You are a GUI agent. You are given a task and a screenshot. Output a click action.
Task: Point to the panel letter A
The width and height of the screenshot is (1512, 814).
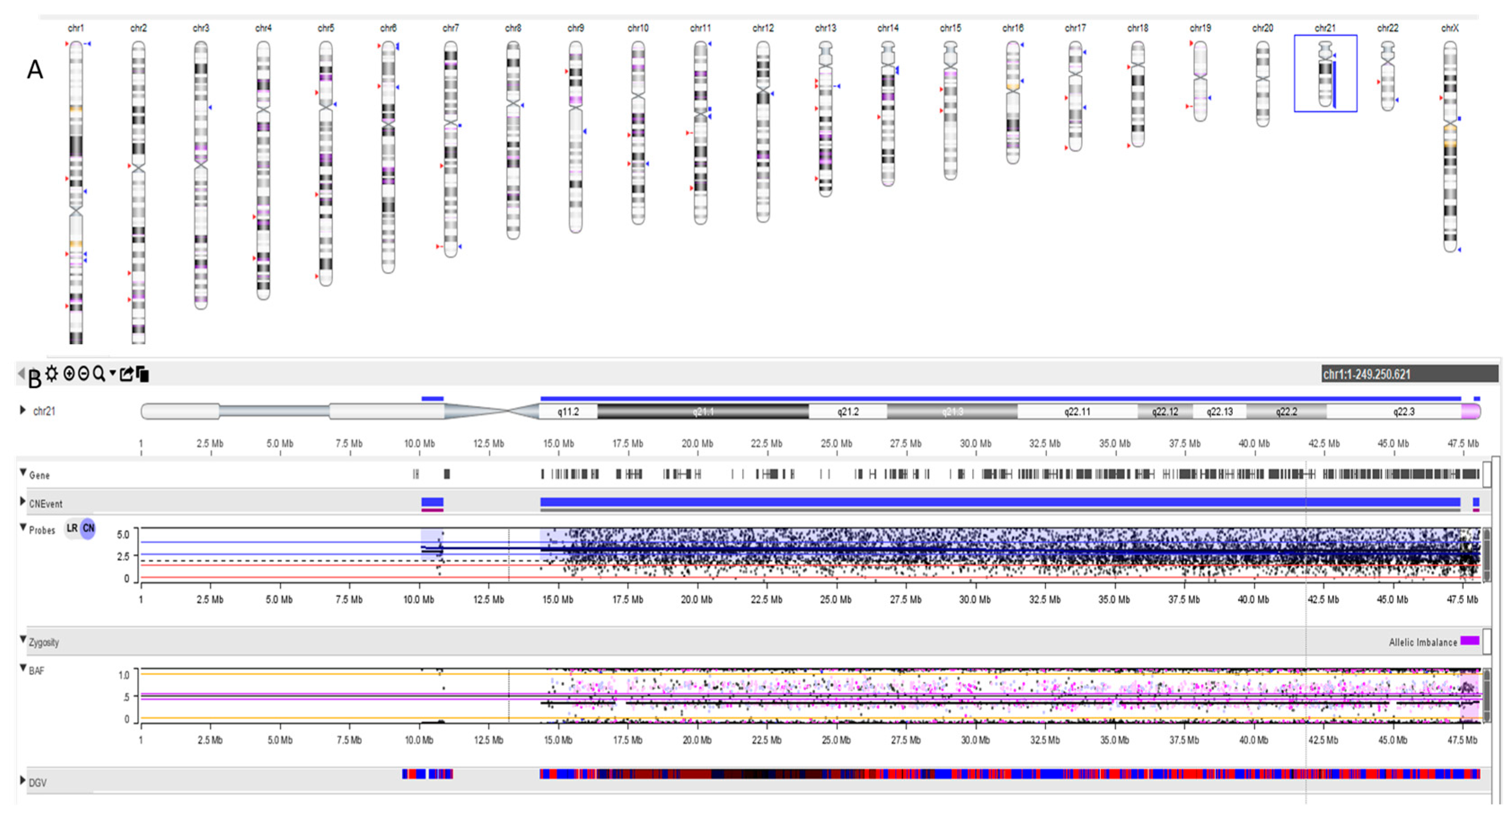(35, 70)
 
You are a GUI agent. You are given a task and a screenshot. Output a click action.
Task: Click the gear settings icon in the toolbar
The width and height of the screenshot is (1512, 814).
(52, 374)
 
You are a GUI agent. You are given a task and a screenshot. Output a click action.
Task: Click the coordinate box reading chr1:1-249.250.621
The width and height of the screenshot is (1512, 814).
(1409, 374)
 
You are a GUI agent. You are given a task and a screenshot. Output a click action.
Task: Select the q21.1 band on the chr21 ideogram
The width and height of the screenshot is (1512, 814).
(703, 411)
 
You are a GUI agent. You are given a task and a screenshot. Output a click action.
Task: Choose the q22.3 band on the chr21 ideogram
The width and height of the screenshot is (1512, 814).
(1403, 411)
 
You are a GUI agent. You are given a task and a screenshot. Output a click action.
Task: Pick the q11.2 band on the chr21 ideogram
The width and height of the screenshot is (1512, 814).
(568, 411)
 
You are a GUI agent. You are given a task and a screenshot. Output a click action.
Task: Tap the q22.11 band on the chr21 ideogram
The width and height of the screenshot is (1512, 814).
(1077, 411)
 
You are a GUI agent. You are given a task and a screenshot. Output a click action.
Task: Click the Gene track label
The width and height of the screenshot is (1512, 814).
(40, 475)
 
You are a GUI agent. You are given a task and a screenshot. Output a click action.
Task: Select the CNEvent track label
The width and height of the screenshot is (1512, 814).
(45, 504)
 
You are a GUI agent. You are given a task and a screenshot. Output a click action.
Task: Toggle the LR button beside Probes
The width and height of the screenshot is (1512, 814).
(72, 528)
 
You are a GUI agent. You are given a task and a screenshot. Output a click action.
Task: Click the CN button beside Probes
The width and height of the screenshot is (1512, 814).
(88, 528)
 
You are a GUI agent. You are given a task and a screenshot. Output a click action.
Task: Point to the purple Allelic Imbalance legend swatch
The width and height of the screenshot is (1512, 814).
(1470, 640)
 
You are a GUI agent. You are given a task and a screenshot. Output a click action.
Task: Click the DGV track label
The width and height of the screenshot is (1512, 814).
(38, 782)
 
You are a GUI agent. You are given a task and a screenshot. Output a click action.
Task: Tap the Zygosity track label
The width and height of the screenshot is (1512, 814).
(44, 642)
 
